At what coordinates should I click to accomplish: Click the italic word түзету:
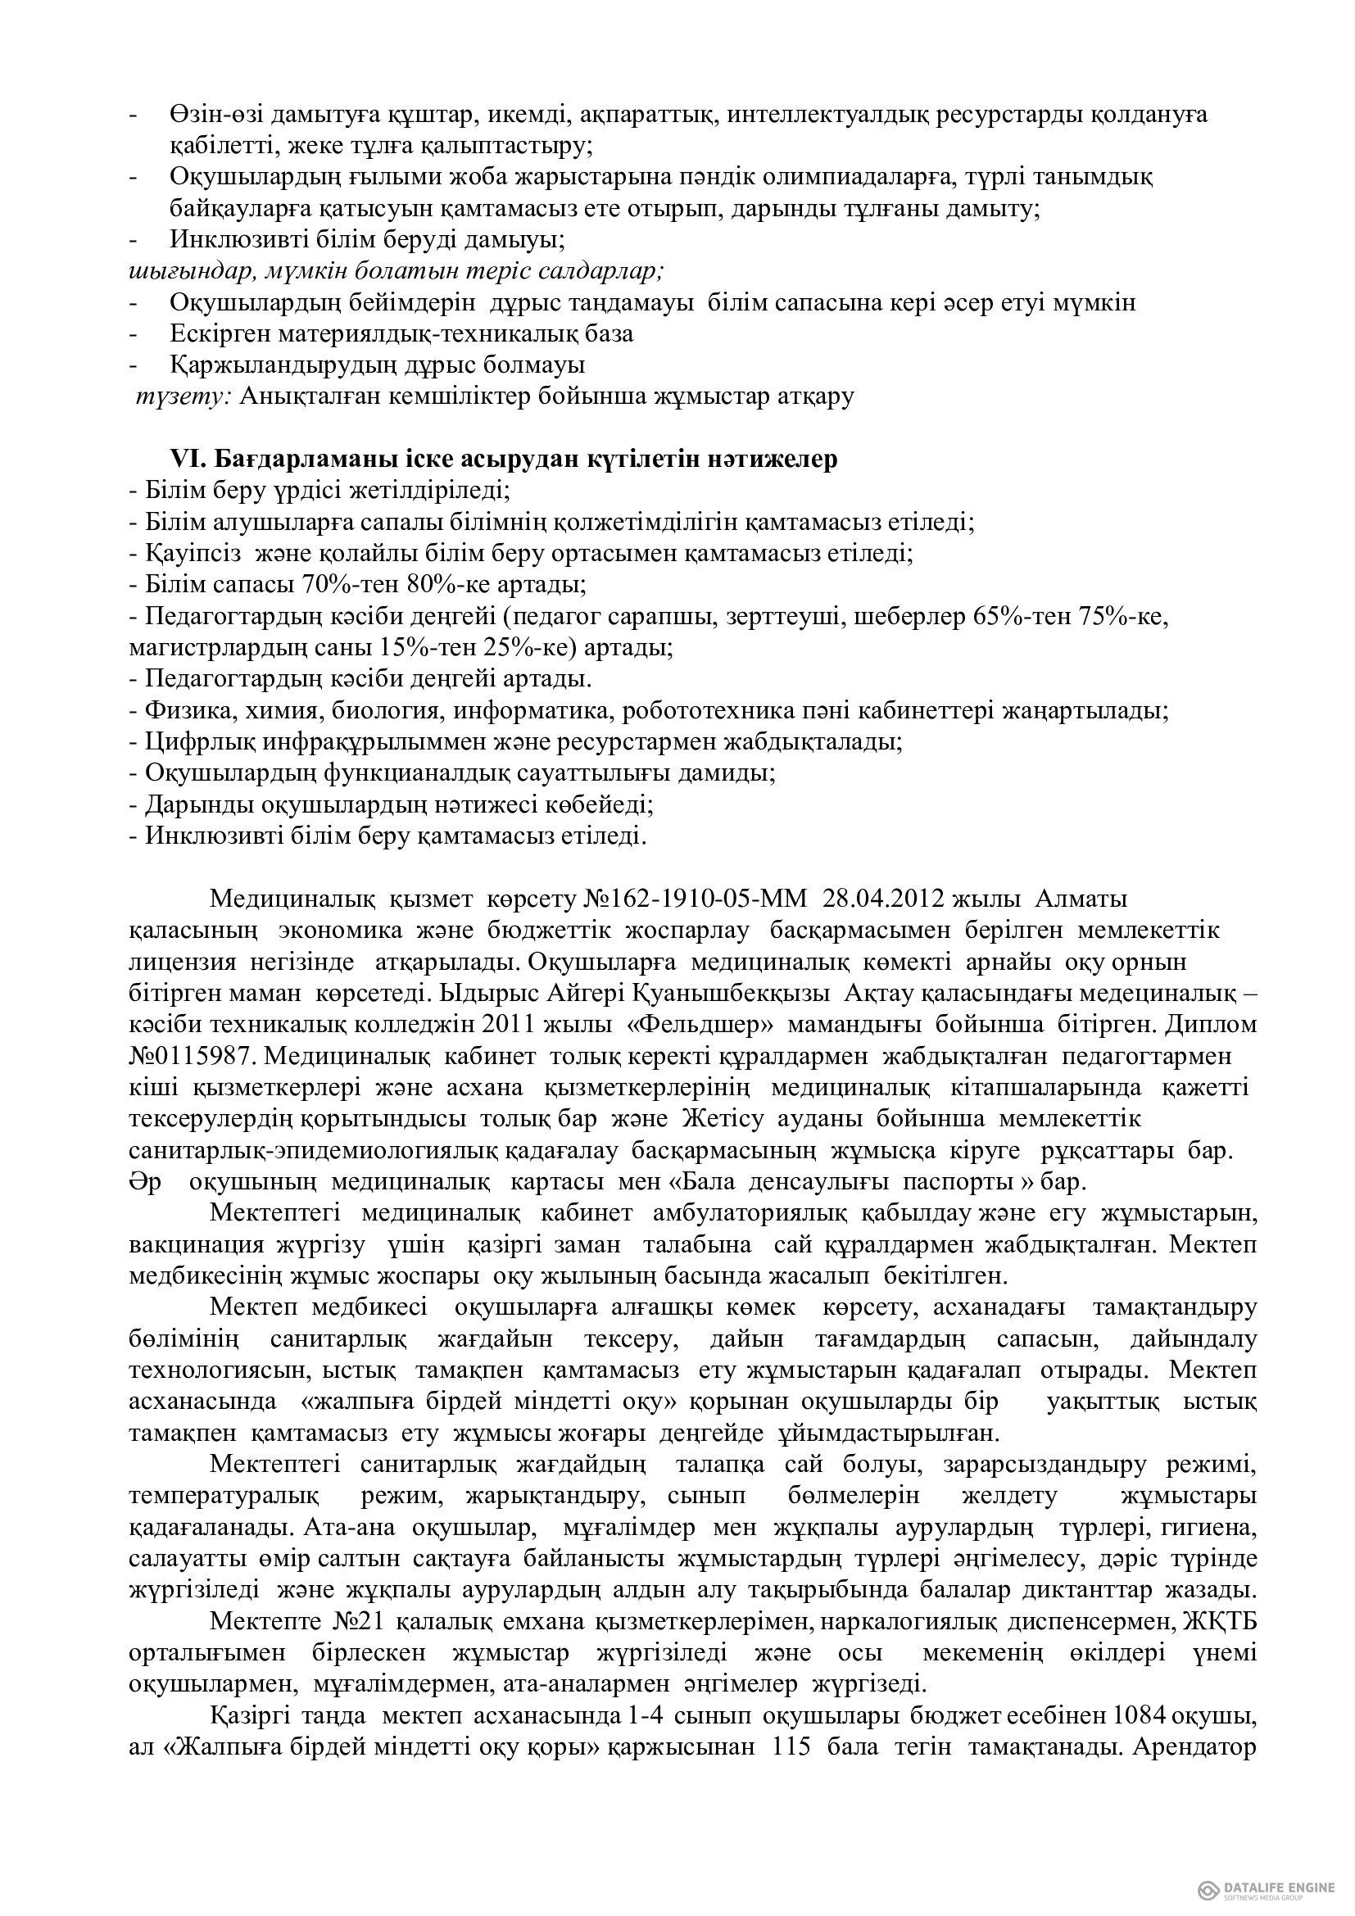[184, 396]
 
